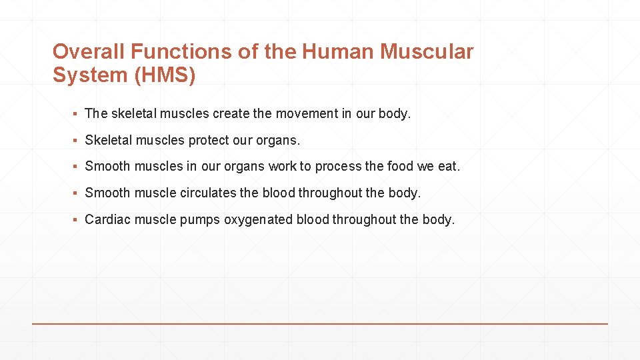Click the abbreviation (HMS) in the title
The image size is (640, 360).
pyautogui.click(x=165, y=75)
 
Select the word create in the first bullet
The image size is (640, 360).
pyautogui.click(x=231, y=113)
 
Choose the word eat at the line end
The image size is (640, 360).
pyautogui.click(x=448, y=167)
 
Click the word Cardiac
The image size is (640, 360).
pyautogui.click(x=108, y=220)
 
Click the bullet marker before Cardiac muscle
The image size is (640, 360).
pyautogui.click(x=77, y=220)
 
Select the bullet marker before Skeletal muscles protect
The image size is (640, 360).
pyautogui.click(x=77, y=141)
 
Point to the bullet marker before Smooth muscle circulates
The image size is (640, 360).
pyautogui.click(x=77, y=193)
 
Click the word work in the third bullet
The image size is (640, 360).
pyautogui.click(x=283, y=167)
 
